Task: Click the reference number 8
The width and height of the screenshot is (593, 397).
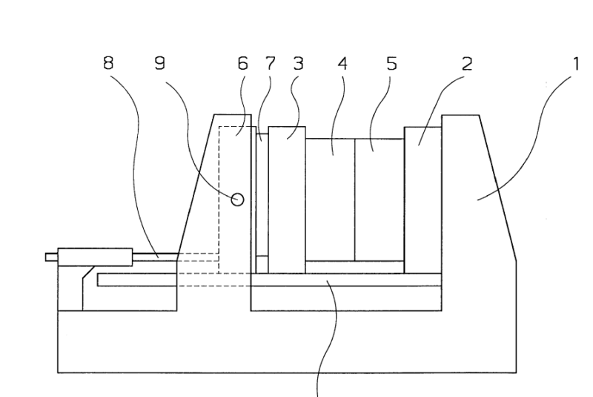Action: tap(109, 64)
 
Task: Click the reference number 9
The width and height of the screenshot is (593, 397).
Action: tap(159, 64)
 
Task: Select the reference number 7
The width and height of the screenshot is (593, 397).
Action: tap(271, 64)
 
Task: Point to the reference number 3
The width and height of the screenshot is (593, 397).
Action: tap(298, 64)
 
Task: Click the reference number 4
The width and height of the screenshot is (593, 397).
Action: tap(342, 64)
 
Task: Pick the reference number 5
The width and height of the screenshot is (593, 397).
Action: tap(391, 64)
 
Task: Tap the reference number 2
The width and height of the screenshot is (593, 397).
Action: tap(466, 64)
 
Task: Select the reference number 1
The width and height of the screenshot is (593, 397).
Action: tap(574, 64)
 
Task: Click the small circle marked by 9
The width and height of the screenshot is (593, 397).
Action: tap(237, 199)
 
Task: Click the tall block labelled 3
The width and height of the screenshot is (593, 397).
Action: tap(287, 200)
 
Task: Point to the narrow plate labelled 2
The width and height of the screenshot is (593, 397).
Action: tap(423, 200)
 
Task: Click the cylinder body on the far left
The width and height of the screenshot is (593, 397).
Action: tap(95, 257)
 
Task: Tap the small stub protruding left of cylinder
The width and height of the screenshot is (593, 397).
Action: tap(50, 257)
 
